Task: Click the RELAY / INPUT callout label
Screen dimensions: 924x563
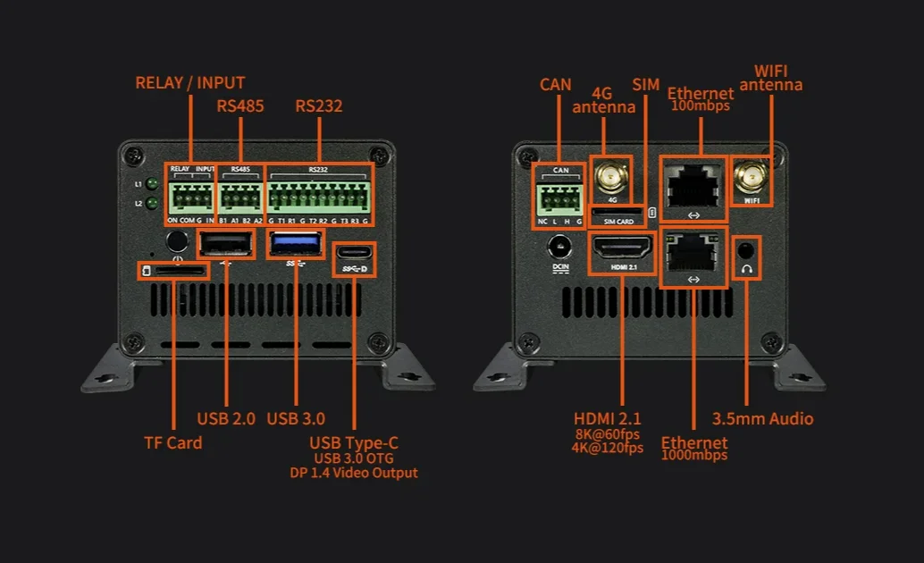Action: pos(189,83)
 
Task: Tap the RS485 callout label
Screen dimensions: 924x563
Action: pos(240,106)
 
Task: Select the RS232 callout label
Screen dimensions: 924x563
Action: pos(319,106)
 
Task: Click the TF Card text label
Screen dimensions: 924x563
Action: pos(173,442)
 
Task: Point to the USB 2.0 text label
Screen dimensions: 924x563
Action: pos(226,418)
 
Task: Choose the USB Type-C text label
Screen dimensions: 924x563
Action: pos(354,442)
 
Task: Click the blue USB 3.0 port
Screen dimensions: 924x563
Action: pos(295,244)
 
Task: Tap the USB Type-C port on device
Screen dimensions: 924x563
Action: pos(354,253)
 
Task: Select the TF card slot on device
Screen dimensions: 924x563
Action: pos(173,269)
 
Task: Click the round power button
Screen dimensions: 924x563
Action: pos(177,240)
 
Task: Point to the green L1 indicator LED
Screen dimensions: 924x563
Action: pos(153,185)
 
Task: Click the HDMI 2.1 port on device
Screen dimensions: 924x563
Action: pos(621,248)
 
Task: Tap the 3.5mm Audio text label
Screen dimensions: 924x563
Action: pos(762,418)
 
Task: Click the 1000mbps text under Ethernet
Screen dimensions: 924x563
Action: pos(694,456)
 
